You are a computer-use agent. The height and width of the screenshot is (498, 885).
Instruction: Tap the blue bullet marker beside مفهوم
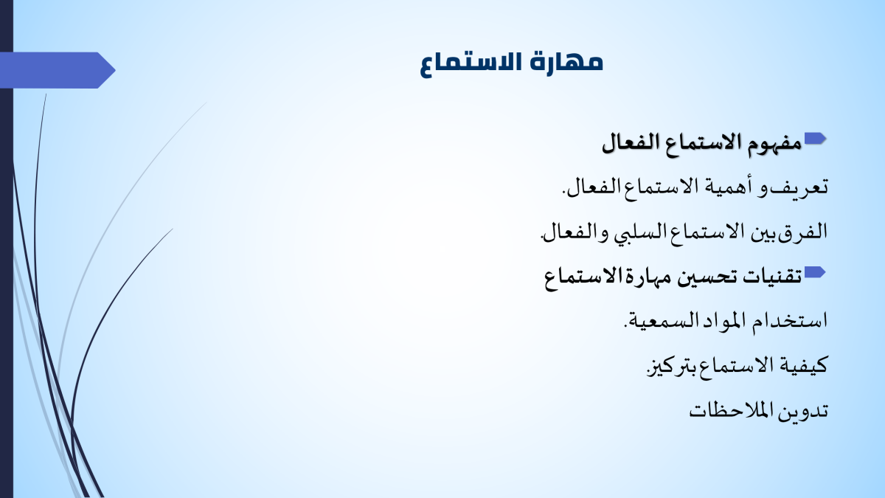pyautogui.click(x=815, y=139)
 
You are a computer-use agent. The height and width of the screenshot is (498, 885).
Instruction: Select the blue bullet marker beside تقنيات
pyautogui.click(x=815, y=272)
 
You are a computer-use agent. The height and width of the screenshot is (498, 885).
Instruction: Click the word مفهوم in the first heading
pyautogui.click(x=775, y=143)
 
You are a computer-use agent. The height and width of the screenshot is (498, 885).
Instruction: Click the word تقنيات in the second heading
pyautogui.click(x=773, y=276)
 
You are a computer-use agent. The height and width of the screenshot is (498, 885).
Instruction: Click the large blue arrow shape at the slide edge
pyautogui.click(x=58, y=70)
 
